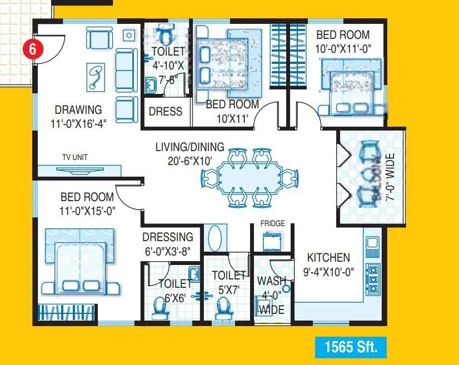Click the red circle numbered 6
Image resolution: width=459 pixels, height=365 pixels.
33,49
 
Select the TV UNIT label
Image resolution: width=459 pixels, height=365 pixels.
74,157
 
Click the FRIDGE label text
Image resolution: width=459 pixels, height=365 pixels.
272,223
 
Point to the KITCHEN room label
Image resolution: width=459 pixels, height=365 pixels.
329,258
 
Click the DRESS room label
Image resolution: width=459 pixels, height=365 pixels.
166,111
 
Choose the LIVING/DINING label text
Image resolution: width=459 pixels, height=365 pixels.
189,147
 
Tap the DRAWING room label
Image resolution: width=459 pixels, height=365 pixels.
78,109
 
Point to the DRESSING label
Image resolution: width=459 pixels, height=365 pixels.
167,237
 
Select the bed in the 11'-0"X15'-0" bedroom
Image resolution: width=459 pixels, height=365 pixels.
81,260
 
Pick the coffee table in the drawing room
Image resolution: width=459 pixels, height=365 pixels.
96,77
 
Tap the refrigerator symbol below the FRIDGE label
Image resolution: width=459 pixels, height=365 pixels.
272,241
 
